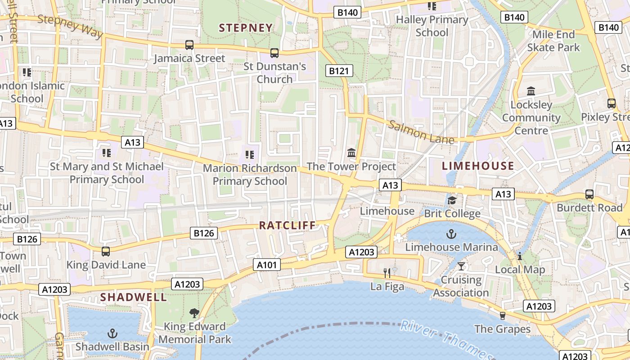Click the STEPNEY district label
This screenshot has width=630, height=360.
pos(246,28)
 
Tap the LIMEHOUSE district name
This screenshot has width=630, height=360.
pos(478,166)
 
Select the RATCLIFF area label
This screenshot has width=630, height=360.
pos(288,225)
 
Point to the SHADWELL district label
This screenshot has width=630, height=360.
pos(133,297)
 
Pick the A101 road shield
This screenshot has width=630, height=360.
pos(266,265)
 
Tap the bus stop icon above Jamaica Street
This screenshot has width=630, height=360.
pos(189,45)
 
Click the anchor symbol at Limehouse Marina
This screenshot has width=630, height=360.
pos(451,234)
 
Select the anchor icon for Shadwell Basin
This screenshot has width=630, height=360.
pos(112,333)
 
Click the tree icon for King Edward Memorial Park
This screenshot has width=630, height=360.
pos(194,313)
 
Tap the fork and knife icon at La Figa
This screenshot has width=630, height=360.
pos(387,273)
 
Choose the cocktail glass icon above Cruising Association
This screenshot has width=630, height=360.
pos(461,266)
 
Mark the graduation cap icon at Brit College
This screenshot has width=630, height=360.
pos(452,200)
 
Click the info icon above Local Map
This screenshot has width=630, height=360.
pos(520,256)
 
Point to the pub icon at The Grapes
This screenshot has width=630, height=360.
pos(503,315)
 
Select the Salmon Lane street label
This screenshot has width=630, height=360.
pos(421,132)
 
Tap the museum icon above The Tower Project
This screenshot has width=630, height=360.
pos(351,153)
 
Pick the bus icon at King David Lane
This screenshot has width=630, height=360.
pos(106,251)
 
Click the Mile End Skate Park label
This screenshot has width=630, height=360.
pos(553,40)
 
